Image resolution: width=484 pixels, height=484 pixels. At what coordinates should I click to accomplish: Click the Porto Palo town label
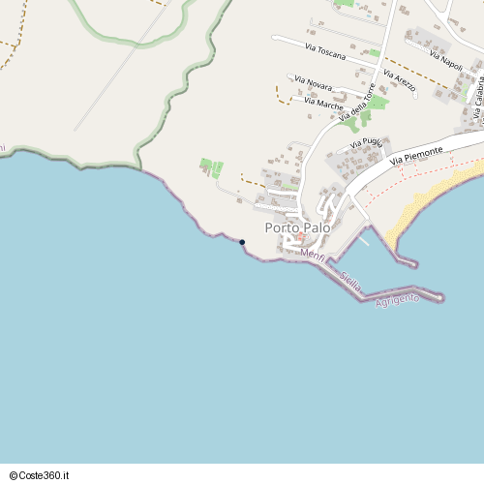coord(297,227)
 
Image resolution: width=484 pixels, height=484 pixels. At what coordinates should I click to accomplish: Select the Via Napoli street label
coord(446,57)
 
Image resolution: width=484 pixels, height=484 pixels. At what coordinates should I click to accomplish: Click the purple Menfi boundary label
coord(313,256)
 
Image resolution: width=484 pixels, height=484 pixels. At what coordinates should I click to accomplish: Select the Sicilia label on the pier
coord(350,282)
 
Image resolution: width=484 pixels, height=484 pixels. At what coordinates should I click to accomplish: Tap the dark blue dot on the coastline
coord(242,242)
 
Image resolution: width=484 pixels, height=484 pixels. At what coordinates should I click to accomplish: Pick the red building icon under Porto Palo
coord(301,237)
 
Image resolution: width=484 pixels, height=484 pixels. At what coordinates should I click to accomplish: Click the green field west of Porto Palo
coord(211,167)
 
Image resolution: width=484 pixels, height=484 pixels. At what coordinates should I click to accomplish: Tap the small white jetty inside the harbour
coord(364,239)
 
